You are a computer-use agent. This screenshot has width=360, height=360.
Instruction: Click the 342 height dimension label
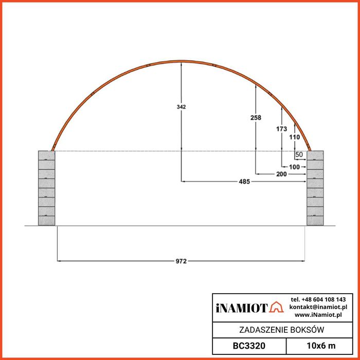[x=181, y=107]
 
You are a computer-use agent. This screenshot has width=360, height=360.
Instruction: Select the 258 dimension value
[x=256, y=118]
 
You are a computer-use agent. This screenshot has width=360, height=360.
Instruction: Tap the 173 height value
[x=281, y=129]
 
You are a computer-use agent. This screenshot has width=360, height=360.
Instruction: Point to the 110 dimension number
[x=294, y=137]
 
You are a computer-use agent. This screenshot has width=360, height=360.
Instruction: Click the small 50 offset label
[x=299, y=154]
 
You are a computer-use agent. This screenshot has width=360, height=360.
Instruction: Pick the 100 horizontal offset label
[x=294, y=167]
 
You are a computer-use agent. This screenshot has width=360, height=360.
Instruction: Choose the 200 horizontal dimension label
[x=281, y=174]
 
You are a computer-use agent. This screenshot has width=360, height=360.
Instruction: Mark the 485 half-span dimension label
[x=244, y=182]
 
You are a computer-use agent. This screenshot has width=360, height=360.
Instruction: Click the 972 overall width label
[x=181, y=261]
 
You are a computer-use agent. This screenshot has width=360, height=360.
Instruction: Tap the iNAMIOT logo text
[x=242, y=308]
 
